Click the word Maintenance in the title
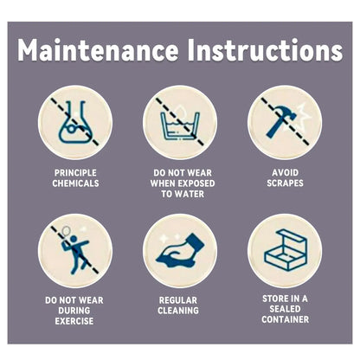click(x=98, y=50)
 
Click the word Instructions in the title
click(x=265, y=50)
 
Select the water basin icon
click(x=180, y=124)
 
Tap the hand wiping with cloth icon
click(x=180, y=250)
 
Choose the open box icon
click(x=286, y=250)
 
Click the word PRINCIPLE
click(x=75, y=173)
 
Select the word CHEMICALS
click(x=75, y=183)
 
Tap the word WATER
click(x=190, y=194)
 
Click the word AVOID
click(x=285, y=172)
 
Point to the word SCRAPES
click(x=285, y=183)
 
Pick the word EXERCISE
click(x=74, y=321)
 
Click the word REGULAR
click(x=178, y=300)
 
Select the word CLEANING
click(x=178, y=311)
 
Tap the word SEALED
click(x=285, y=309)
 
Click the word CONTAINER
click(x=285, y=319)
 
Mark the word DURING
click(x=74, y=311)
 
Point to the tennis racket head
click(x=66, y=230)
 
